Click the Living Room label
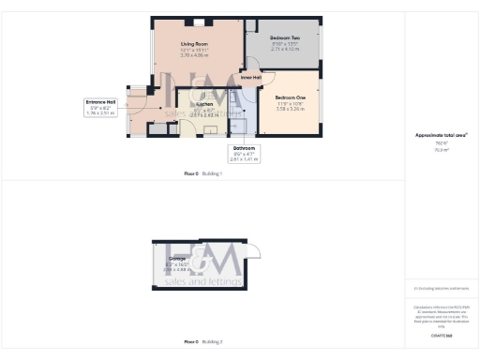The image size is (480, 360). point(193,43)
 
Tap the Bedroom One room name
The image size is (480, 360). point(290,97)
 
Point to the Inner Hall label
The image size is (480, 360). point(250,77)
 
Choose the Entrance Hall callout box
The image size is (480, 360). point(101,106)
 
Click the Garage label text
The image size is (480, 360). point(176,258)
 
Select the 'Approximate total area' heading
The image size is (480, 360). point(441,135)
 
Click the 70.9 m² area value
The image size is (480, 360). point(441,148)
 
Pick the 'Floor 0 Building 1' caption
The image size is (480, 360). point(202,174)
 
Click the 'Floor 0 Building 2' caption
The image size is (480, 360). point(202,342)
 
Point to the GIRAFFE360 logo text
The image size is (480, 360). point(441,335)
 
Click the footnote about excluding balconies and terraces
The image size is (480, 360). point(441,288)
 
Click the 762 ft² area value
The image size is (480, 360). point(441,142)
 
